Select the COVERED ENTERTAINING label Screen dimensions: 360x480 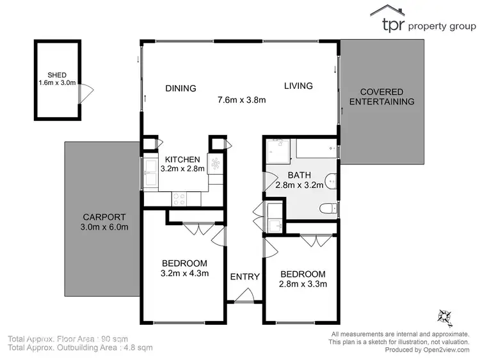coord(387,97)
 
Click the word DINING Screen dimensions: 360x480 coord(180,88)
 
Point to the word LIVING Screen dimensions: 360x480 coord(298,86)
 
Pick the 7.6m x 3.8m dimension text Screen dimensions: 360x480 coord(242,100)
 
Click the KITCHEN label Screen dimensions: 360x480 coord(182,159)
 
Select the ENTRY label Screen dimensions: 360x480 coord(244,277)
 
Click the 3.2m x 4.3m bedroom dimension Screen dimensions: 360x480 coord(184,274)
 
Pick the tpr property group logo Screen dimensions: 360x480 coord(423,19)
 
